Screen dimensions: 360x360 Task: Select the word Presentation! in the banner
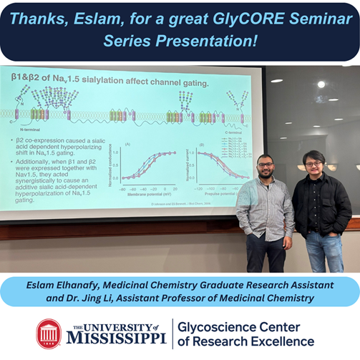pyautogui.click(x=215, y=41)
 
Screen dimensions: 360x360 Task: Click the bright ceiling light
pyautogui.click(x=321, y=84)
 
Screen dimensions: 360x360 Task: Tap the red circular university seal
pyautogui.click(x=49, y=333)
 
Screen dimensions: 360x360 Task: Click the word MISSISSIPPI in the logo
pyautogui.click(x=118, y=338)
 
